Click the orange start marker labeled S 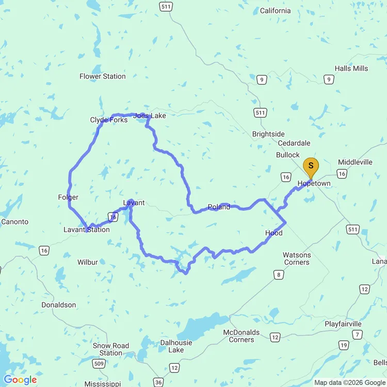pyautogui.click(x=310, y=166)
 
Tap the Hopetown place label pyautogui.click(x=314, y=184)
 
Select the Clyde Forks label pyautogui.click(x=109, y=120)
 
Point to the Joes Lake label pyautogui.click(x=150, y=116)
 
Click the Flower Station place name pyautogui.click(x=102, y=76)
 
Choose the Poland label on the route pyautogui.click(x=219, y=207)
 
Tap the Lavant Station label pyautogui.click(x=86, y=230)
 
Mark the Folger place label pyautogui.click(x=68, y=198)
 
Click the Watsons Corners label pyautogui.click(x=296, y=259)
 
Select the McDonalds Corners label pyautogui.click(x=241, y=336)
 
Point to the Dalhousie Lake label pyautogui.click(x=176, y=346)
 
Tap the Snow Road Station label pyautogui.click(x=111, y=349)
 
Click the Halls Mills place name pyautogui.click(x=351, y=69)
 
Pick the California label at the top pyautogui.click(x=275, y=11)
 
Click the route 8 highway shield pyautogui.click(x=279, y=275)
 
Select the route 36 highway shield pyautogui.click(x=159, y=382)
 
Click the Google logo pyautogui.click(x=21, y=380)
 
